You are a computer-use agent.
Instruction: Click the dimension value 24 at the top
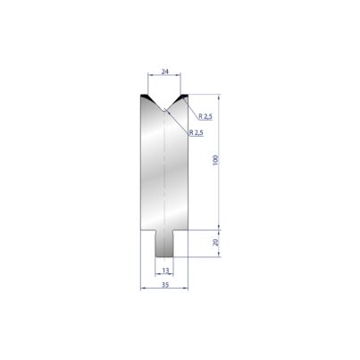[164, 71]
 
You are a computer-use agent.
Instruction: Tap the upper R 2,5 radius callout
[205, 116]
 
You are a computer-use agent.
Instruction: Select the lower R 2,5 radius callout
[197, 132]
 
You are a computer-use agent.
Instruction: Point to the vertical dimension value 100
[216, 160]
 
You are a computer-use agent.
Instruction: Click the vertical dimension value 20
[216, 242]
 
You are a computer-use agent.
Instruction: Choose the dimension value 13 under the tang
[165, 271]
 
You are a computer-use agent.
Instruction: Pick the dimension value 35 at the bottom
[165, 285]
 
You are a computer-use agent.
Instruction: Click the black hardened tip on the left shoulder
[146, 96]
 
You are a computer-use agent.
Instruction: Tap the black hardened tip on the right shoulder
[182, 96]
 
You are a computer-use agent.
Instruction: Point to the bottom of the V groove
[164, 110]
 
